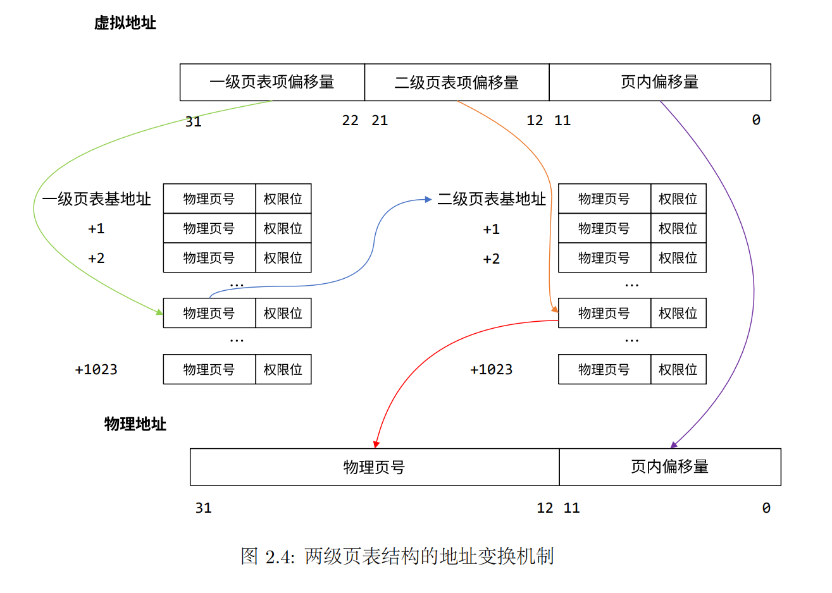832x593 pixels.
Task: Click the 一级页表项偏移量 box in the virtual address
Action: pyautogui.click(x=272, y=82)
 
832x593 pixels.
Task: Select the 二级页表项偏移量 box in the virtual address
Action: pyautogui.click(x=456, y=82)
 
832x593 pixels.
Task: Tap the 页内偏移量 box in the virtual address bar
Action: pyautogui.click(x=659, y=82)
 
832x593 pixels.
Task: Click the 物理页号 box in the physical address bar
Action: pyautogui.click(x=374, y=467)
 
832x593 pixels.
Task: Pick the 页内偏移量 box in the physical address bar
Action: pyautogui.click(x=669, y=467)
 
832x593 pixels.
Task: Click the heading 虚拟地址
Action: pyautogui.click(x=125, y=23)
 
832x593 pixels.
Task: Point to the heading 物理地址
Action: pyautogui.click(x=135, y=424)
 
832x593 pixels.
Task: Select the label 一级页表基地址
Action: pyautogui.click(x=96, y=199)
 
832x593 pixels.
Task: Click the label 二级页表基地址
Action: pyautogui.click(x=491, y=199)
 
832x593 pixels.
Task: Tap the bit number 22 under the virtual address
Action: pyautogui.click(x=350, y=120)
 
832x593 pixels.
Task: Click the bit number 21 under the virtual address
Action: pyautogui.click(x=380, y=120)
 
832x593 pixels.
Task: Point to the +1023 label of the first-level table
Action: pyautogui.click(x=96, y=369)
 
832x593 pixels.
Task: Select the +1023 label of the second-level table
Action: pyautogui.click(x=491, y=369)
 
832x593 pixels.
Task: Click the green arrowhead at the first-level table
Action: pyautogui.click(x=159, y=312)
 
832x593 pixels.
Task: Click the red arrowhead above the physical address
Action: pyautogui.click(x=376, y=444)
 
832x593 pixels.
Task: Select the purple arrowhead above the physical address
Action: pyautogui.click(x=674, y=445)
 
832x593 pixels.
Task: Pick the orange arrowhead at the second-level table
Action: pyautogui.click(x=554, y=309)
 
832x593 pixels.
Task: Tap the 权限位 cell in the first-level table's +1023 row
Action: pyautogui.click(x=283, y=369)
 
